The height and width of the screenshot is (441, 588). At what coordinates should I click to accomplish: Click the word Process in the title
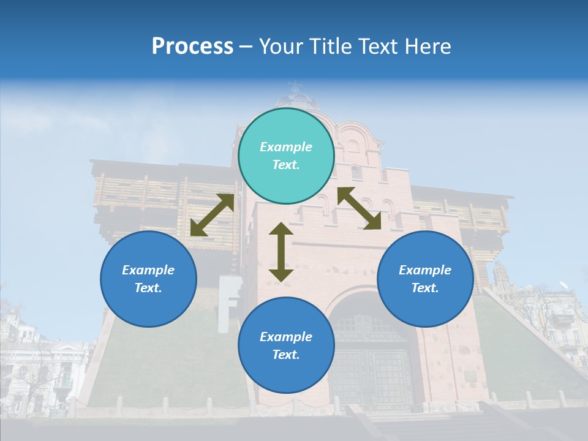click(192, 47)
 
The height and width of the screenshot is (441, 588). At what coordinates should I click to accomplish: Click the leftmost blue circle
click(148, 279)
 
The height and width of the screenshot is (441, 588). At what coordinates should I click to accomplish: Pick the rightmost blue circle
click(425, 279)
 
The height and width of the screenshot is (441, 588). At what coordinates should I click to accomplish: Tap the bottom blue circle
click(286, 345)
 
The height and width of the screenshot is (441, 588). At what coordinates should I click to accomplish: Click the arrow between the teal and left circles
click(213, 215)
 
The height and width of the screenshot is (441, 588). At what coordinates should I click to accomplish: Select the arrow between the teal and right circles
click(360, 208)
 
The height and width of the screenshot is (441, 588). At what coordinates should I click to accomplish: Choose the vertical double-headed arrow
click(281, 252)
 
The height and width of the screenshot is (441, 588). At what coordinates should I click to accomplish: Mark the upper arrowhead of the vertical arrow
click(281, 230)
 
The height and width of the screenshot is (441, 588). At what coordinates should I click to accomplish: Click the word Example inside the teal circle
click(286, 147)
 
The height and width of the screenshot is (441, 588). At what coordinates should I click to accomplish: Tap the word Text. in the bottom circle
click(286, 355)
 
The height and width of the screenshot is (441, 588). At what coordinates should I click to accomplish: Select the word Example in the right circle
click(425, 270)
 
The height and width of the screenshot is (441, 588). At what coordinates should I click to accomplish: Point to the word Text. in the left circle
click(148, 288)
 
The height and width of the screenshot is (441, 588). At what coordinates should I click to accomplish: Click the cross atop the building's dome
click(296, 86)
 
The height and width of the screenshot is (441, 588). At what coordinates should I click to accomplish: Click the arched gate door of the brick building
click(372, 361)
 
